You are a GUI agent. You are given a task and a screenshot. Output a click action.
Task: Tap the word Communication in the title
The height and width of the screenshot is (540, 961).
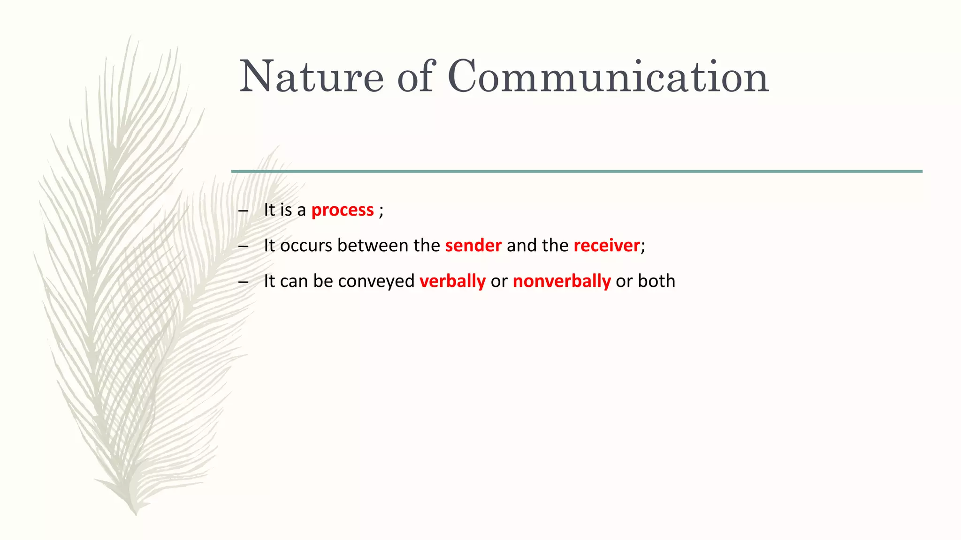click(608, 76)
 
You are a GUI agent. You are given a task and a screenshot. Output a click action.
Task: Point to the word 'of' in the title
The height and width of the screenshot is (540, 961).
click(415, 76)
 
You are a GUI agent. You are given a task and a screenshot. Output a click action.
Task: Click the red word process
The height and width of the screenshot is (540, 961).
click(343, 210)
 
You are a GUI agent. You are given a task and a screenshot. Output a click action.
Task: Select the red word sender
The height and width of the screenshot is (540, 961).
click(473, 246)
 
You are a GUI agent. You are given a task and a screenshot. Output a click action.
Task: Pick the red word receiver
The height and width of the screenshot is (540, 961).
click(606, 246)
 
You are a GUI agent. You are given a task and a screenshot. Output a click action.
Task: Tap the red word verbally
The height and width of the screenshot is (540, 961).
click(452, 281)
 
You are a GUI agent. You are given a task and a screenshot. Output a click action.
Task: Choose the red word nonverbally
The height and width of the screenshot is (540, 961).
click(562, 281)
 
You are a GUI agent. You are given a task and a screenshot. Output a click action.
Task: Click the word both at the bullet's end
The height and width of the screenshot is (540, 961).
click(656, 281)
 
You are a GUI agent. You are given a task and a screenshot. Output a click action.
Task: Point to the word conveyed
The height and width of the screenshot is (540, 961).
click(376, 281)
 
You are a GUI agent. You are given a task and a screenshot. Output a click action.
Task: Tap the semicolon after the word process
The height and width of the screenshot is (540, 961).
click(381, 211)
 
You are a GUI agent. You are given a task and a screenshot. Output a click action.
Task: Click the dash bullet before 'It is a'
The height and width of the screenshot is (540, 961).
click(243, 211)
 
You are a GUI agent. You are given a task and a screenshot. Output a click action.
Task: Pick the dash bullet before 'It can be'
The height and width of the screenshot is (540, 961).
click(243, 282)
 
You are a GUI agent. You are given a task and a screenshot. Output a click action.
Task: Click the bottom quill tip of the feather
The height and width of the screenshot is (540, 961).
click(136, 513)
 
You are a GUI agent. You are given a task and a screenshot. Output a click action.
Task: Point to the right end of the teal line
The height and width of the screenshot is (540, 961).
click(921, 172)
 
